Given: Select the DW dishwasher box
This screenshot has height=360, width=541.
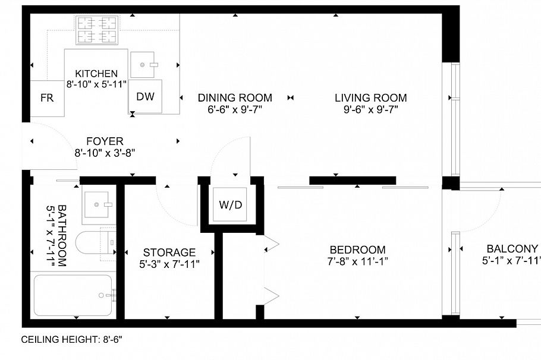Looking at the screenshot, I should coord(146,97).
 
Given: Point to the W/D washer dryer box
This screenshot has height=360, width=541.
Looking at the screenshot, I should coord(231,206).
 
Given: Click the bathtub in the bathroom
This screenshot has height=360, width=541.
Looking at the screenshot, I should coord(73,295).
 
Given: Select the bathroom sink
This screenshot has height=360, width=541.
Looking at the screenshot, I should coord(98,204).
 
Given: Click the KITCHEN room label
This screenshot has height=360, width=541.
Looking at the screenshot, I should coord(96,74).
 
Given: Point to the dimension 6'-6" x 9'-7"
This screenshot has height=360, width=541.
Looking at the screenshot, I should coord(235,109).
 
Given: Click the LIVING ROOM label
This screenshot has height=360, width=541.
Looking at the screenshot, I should coord(370,98).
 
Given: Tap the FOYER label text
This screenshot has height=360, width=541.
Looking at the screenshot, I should coord(105,141).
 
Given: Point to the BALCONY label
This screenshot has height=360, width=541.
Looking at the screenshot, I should coord(512,249).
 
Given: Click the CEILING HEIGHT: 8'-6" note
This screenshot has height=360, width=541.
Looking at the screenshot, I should coord(72,340).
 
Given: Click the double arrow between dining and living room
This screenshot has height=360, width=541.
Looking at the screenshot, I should coord(291,98).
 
